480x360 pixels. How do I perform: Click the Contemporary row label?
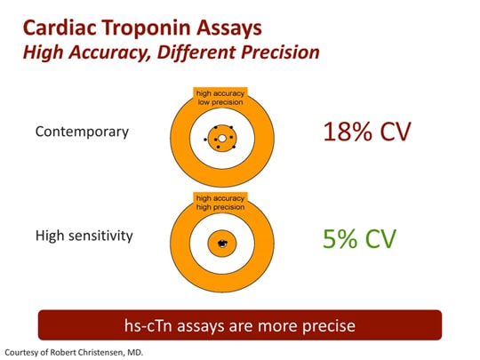pos(82,132)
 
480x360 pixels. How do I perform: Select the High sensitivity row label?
pos(84,236)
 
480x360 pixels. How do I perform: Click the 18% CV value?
pos(368,133)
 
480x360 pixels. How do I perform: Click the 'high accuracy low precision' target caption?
pos(220,97)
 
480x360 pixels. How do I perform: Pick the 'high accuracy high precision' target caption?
pos(220,202)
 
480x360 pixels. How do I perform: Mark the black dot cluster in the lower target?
pos(220,242)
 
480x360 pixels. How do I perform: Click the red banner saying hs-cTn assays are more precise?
pos(239,325)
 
